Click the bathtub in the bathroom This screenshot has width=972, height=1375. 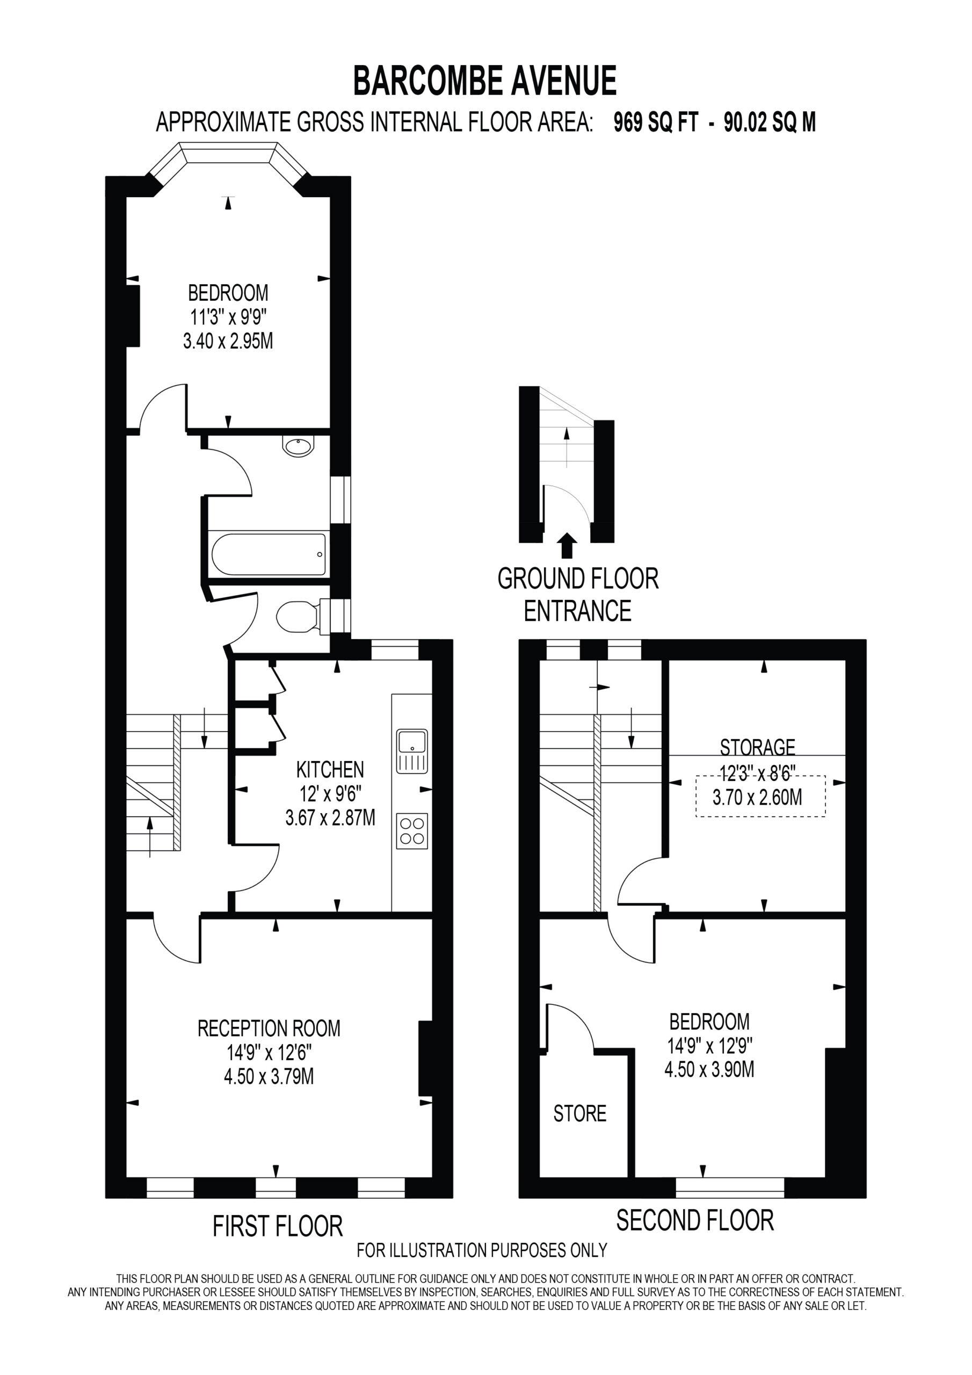[x=269, y=554]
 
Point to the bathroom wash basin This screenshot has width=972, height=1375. [x=298, y=447]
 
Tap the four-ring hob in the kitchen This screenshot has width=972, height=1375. [x=412, y=830]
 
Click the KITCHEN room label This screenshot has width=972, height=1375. [x=330, y=769]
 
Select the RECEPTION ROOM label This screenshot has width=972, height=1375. [x=269, y=1028]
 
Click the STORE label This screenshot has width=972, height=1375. [x=580, y=1113]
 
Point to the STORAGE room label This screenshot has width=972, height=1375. [x=758, y=747]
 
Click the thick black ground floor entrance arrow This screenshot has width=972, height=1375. [x=567, y=546]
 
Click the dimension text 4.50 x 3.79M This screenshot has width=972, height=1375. [x=269, y=1076]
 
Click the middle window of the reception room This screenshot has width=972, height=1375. [x=275, y=1188]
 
